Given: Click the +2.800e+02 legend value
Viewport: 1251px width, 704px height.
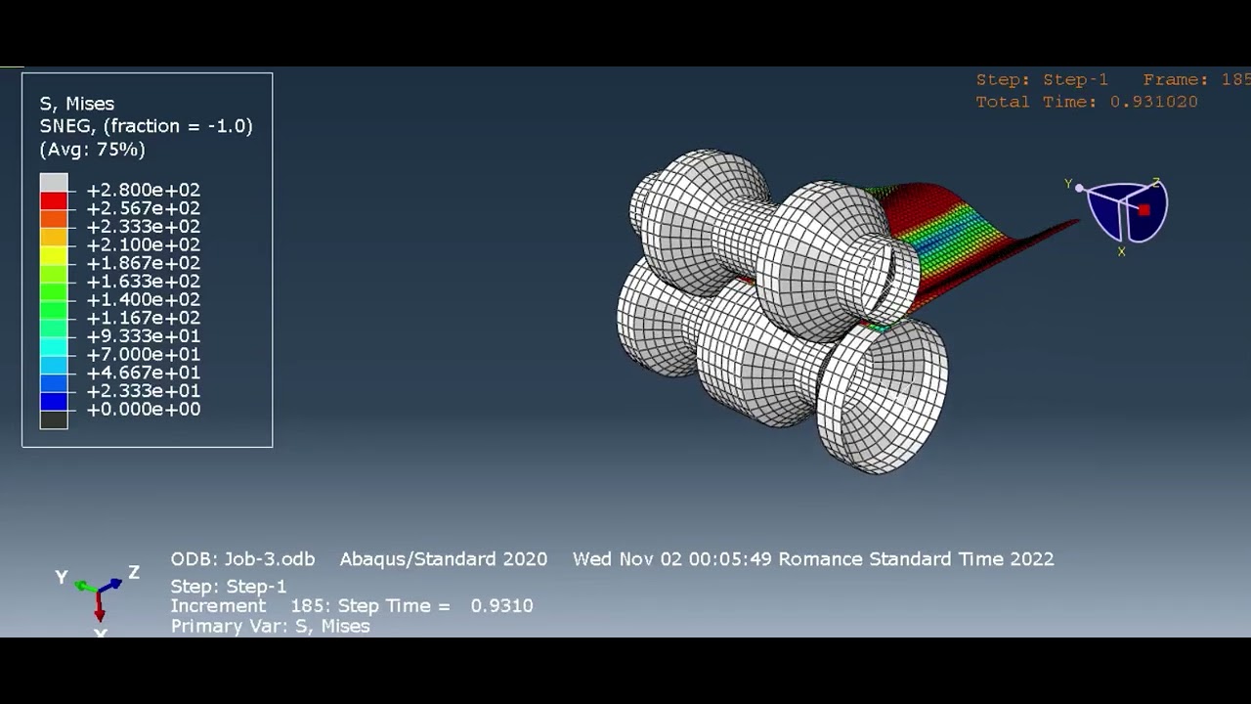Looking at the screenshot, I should tap(143, 190).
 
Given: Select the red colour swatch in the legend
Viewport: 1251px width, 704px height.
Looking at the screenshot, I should tap(54, 201).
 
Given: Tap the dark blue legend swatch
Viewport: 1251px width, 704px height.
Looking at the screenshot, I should tap(54, 402).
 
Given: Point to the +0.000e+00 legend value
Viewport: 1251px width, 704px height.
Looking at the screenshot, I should tap(143, 410).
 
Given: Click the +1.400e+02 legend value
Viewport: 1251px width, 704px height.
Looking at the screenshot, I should tap(143, 300).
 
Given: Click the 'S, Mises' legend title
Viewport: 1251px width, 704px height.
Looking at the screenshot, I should tap(77, 104).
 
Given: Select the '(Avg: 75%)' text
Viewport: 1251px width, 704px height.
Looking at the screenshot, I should tap(92, 150).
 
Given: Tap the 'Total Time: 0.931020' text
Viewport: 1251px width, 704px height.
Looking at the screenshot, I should tap(1086, 102).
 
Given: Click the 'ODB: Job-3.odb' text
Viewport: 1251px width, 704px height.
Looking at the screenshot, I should tap(242, 559).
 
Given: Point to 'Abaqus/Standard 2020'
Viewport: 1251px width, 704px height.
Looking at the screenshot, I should tap(443, 559).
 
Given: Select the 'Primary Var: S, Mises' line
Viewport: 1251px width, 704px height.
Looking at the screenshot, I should tap(270, 627).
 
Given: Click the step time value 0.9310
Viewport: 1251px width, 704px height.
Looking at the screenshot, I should tap(501, 606).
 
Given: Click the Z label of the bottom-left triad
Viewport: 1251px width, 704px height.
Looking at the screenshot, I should tap(134, 573).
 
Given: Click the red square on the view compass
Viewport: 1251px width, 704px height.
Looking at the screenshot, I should tap(1144, 209).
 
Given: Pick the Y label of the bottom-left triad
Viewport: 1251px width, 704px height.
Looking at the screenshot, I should tap(62, 578).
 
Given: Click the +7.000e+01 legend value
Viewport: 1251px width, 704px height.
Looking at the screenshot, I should tap(143, 355).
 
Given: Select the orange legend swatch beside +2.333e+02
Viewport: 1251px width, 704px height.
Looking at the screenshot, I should tap(54, 220).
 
